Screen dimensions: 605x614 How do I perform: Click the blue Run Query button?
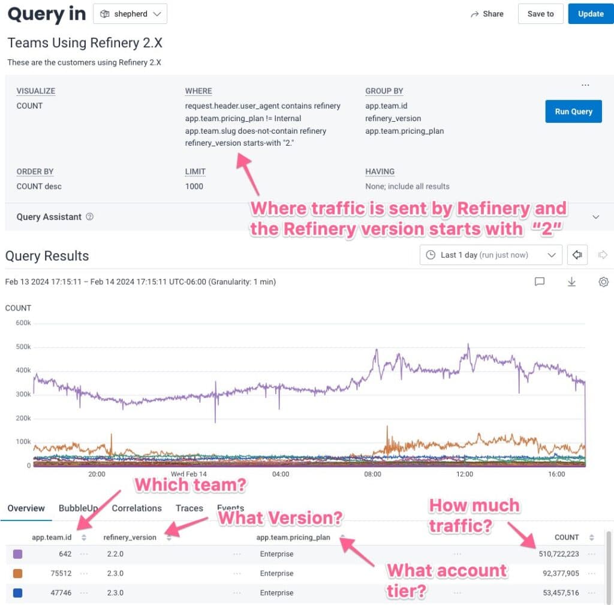573,112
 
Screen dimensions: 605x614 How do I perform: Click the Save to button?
540,14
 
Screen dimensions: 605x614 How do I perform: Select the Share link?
487,14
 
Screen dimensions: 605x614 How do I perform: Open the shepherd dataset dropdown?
130,14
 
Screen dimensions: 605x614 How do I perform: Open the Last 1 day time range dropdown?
491,255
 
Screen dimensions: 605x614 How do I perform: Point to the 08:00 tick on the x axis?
372,474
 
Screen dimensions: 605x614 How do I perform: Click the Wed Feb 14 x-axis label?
188,474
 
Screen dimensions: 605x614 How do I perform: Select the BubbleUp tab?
78,508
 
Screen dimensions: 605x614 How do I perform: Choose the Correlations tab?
137,508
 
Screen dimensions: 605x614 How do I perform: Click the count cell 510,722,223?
558,554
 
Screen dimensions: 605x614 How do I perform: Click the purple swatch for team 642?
18,554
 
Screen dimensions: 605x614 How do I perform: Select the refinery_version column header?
130,537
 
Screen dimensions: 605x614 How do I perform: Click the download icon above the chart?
571,282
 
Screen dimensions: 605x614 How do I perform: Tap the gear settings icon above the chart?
603,282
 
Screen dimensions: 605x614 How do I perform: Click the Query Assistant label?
49,217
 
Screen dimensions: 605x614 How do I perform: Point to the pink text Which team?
190,484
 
